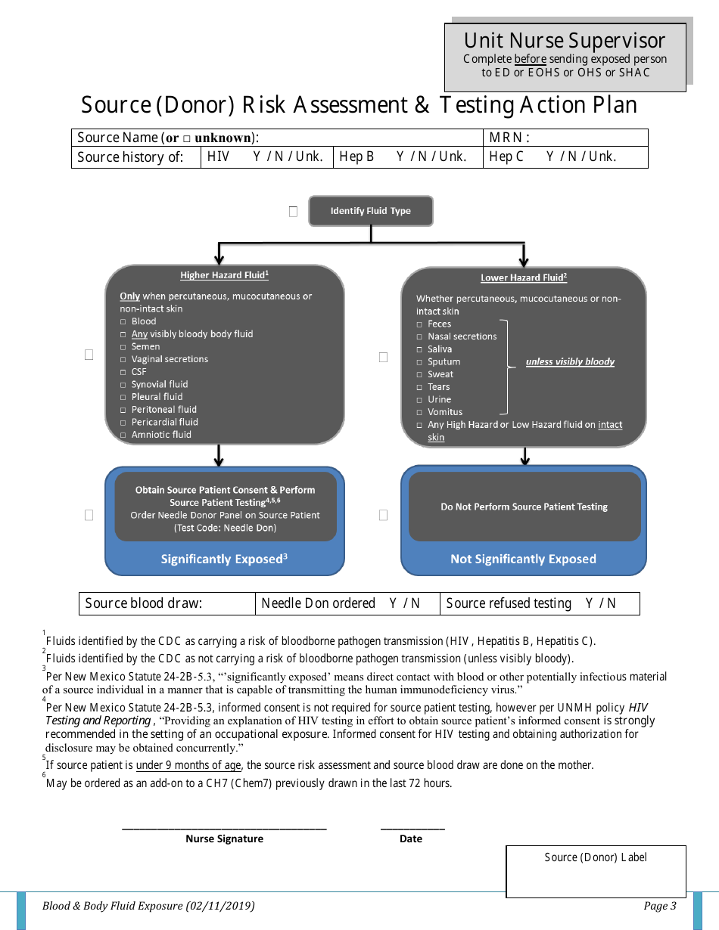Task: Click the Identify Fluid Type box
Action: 371,211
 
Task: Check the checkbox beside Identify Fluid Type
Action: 293,212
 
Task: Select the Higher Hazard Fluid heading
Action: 224,275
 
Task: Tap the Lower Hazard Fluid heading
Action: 523,277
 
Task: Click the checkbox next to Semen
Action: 123,347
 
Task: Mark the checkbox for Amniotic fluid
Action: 123,436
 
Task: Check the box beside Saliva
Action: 419,350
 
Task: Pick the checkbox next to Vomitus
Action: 419,413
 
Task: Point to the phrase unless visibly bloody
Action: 570,362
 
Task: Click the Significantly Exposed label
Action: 224,560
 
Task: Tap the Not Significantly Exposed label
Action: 523,560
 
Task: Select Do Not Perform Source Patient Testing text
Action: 524,507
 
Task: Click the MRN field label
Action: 509,138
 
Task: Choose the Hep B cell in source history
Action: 407,157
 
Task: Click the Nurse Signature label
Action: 224,839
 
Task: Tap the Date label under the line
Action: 411,839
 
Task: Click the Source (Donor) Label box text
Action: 596,857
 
